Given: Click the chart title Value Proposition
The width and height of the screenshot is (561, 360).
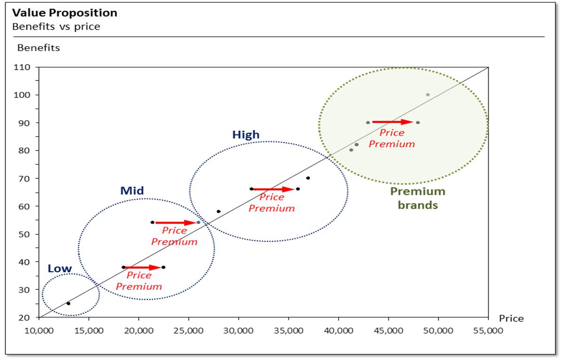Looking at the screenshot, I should [65, 13].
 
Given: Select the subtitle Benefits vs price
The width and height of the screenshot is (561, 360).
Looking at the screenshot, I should [56, 26].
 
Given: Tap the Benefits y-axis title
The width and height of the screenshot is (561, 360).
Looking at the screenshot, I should [39, 48].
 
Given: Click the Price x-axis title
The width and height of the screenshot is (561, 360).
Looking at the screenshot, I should [511, 319].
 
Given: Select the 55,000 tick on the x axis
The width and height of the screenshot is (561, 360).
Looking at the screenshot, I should [488, 330].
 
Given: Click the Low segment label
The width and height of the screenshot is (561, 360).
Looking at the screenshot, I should [60, 269].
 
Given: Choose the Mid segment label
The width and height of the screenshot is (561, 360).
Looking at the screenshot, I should [132, 191].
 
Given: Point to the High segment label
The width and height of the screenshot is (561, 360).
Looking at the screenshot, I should [245, 135].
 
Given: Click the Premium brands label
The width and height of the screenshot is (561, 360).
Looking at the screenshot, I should [418, 198].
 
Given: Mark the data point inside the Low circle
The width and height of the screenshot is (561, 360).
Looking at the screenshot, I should [68, 304].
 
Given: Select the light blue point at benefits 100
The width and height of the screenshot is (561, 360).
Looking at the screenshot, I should [427, 95].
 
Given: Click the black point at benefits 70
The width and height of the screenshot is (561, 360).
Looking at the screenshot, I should [308, 178].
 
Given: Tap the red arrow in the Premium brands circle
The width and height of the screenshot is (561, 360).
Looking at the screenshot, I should [393, 122].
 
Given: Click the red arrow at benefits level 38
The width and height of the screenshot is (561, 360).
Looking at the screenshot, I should [143, 267].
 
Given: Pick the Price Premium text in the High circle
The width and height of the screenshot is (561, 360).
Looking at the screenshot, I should [271, 203].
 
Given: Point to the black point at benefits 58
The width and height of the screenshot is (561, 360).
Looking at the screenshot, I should [218, 212].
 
